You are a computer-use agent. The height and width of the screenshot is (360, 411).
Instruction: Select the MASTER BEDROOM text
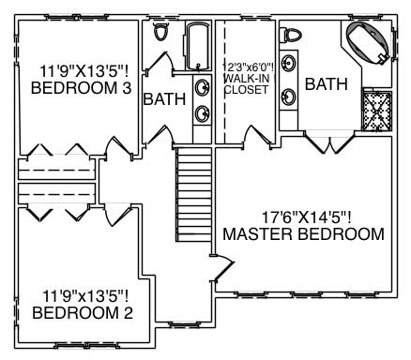(x=302, y=233)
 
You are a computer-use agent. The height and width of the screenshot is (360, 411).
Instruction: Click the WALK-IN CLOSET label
(x=247, y=83)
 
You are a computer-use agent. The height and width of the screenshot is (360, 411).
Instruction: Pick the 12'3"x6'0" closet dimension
(x=247, y=67)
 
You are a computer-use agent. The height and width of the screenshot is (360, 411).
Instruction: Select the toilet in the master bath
(x=294, y=35)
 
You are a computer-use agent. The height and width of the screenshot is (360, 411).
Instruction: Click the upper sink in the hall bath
(x=201, y=88)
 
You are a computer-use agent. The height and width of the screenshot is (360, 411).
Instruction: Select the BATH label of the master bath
(x=326, y=84)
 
